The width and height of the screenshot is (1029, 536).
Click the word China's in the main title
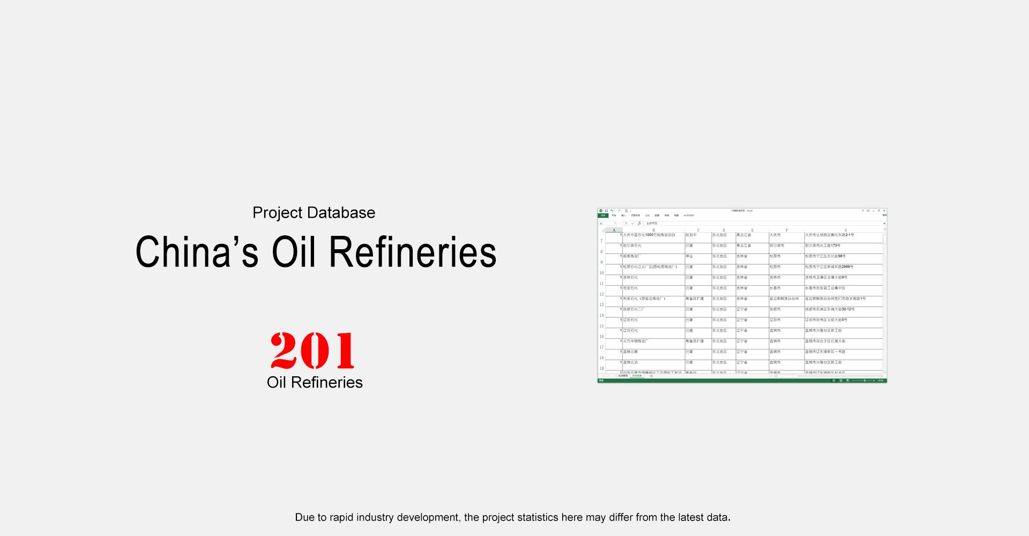(x=197, y=252)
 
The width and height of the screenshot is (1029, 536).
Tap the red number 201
(x=312, y=351)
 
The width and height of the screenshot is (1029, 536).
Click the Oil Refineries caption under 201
(x=315, y=382)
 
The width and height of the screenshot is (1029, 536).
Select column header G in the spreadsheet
(x=845, y=230)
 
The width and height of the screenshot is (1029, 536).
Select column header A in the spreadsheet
(x=614, y=230)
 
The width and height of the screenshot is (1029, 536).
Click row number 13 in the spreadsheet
(x=601, y=304)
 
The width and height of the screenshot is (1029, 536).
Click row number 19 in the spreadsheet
(x=601, y=368)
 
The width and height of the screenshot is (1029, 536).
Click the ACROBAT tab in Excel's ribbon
(x=689, y=215)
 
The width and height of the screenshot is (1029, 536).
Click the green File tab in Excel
(x=602, y=215)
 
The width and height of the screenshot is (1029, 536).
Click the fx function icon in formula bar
(x=639, y=223)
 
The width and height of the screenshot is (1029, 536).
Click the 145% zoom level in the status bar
(x=881, y=381)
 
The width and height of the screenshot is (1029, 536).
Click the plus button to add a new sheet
(x=651, y=376)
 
